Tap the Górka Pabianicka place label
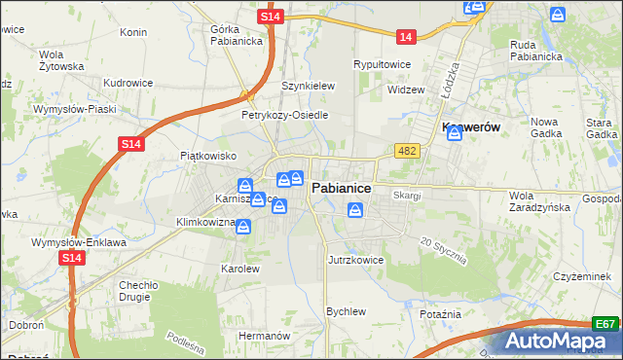click(x=231, y=35)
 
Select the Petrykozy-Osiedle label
click(x=284, y=115)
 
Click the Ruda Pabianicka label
click(x=536, y=50)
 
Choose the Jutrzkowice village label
click(x=356, y=261)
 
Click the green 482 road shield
click(x=408, y=151)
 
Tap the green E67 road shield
click(x=605, y=324)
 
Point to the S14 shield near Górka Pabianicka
click(x=273, y=18)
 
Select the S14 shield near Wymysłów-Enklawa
click(x=71, y=258)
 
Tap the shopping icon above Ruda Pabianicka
click(x=558, y=15)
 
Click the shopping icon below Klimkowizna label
click(x=242, y=228)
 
